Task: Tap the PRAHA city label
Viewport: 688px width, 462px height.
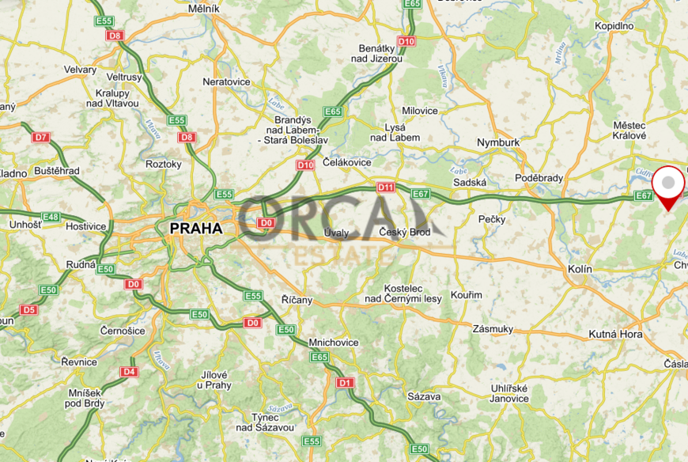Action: (x=196, y=228)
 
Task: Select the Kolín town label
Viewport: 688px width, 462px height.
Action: (x=580, y=269)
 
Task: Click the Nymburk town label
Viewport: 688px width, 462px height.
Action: (x=498, y=142)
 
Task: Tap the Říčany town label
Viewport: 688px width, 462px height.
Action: (x=297, y=300)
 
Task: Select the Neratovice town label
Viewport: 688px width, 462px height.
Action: (x=226, y=81)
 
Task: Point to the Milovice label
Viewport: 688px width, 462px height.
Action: (x=419, y=111)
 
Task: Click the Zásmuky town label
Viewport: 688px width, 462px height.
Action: (x=493, y=328)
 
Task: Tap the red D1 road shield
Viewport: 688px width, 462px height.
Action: (x=345, y=383)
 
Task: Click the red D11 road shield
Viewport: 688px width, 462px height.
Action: (x=385, y=187)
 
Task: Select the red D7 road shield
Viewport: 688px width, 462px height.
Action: (x=40, y=138)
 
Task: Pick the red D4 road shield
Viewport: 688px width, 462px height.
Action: (x=129, y=371)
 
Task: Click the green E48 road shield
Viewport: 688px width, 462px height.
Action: (x=51, y=217)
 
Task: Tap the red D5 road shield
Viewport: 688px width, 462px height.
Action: (x=28, y=309)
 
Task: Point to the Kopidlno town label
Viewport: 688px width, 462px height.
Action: (x=614, y=25)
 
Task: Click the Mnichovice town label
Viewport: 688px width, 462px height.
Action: (x=335, y=343)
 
